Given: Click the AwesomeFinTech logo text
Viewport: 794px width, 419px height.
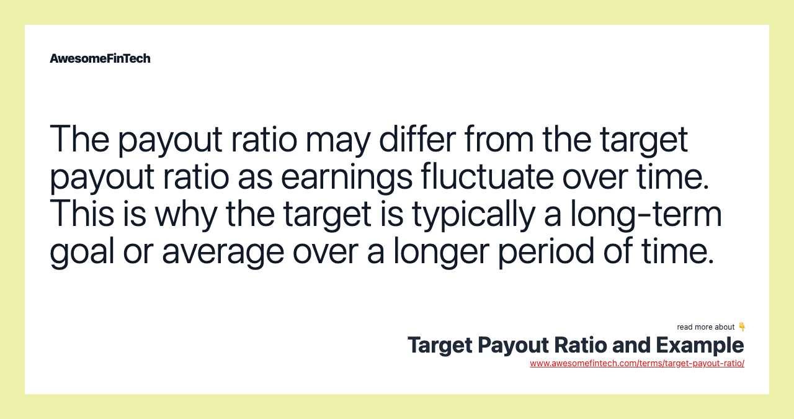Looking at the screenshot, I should [x=100, y=58].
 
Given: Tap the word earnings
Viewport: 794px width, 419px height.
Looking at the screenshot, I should [x=347, y=177].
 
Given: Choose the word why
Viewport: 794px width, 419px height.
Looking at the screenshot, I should [x=187, y=215].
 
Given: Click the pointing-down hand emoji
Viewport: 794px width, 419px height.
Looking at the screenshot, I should [x=742, y=327].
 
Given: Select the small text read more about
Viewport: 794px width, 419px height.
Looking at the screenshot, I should [x=705, y=327].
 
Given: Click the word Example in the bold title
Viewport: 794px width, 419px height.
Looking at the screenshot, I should [x=700, y=345].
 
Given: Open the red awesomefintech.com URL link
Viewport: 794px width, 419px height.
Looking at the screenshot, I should [x=637, y=363].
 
